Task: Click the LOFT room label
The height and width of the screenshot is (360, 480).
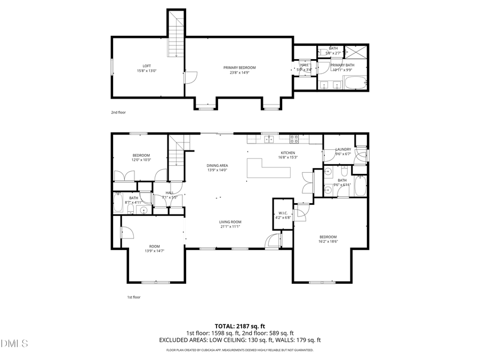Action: tap(146, 66)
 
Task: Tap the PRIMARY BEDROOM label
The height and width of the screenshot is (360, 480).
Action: tap(239, 68)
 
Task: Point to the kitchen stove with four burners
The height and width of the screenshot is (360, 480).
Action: tap(294, 139)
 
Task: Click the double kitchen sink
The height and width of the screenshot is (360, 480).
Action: tap(269, 140)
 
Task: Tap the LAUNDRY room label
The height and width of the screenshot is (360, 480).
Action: tap(343, 149)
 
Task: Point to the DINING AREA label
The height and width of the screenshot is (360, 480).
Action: tap(217, 165)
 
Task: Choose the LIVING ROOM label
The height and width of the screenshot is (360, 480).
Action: tap(230, 222)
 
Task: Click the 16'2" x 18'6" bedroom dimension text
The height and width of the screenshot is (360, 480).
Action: tap(328, 242)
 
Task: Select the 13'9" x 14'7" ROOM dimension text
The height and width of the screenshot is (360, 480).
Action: tap(154, 250)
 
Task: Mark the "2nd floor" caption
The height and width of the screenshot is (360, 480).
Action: tap(118, 113)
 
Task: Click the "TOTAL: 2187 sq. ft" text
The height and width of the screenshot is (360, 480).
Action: tap(239, 326)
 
